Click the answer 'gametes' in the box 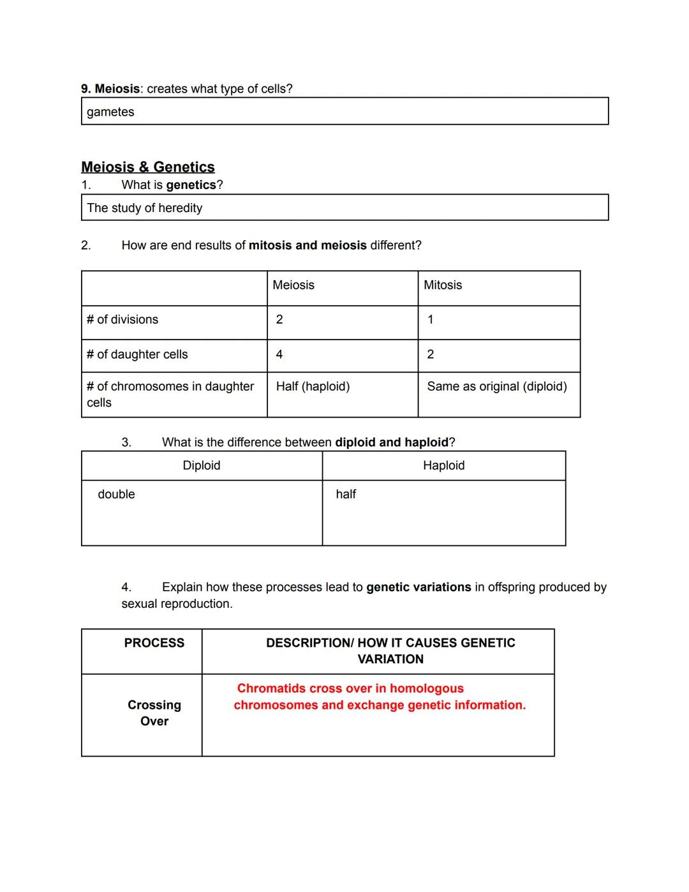coord(110,112)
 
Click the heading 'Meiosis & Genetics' coord(148,167)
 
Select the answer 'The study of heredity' coord(145,208)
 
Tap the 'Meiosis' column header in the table coord(293,285)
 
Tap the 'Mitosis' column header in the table coord(443,285)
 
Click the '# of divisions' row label coord(122,320)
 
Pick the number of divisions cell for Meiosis coord(279,320)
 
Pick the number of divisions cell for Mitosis coord(431,320)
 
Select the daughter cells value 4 coord(279,354)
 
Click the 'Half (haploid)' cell coord(313,387)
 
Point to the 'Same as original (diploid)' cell coord(497,387)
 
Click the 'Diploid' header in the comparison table coord(202,465)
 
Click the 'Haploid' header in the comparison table coord(444,465)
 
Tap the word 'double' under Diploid coord(116,495)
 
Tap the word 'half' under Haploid coord(346,495)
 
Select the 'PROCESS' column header coord(154,643)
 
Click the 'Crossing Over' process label coord(154,713)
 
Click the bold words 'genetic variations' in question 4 coord(419,587)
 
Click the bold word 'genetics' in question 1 coord(191,185)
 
